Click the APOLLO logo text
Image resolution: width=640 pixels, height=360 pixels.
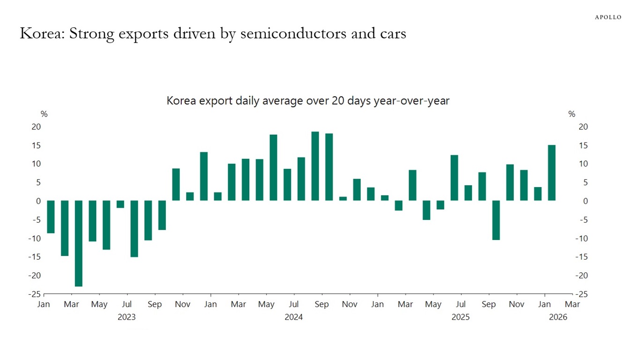click(608, 17)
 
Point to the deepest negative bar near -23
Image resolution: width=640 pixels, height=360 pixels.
click(79, 243)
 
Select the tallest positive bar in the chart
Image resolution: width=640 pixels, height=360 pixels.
click(315, 166)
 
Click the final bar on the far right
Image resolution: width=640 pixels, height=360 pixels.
click(552, 173)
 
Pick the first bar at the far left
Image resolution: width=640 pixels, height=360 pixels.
click(51, 217)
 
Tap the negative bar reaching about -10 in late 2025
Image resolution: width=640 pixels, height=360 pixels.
click(496, 220)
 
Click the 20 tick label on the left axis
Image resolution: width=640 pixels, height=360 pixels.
click(37, 127)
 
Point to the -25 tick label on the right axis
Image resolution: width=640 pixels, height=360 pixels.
click(581, 294)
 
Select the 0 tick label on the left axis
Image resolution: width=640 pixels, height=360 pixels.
click(39, 201)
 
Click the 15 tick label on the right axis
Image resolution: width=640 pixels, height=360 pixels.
click(583, 145)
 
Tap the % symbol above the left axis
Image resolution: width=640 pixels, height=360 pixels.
click(44, 114)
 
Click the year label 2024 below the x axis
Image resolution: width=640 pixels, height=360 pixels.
click(294, 317)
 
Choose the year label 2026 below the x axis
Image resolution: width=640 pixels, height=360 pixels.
click(558, 317)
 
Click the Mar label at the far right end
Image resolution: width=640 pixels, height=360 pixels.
click(572, 305)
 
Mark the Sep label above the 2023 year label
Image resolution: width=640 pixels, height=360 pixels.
click(155, 305)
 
